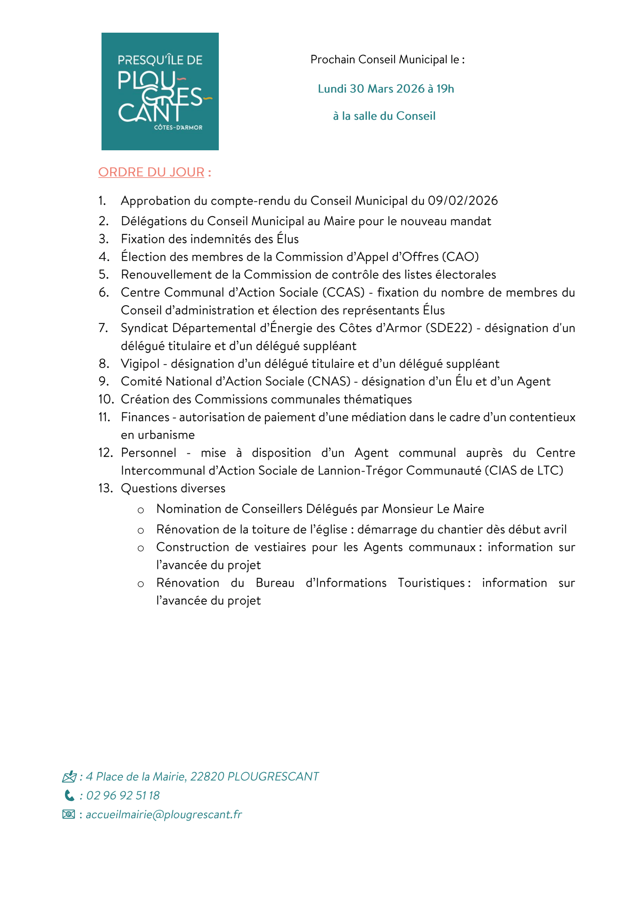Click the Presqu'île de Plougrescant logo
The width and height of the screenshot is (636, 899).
click(x=160, y=91)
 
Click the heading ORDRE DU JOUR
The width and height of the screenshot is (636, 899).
click(x=151, y=172)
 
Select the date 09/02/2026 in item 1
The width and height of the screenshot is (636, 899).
click(x=463, y=201)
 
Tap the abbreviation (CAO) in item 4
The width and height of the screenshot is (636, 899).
click(x=460, y=257)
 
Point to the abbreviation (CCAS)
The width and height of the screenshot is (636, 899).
click(x=343, y=292)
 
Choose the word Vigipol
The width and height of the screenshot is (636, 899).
click(x=140, y=364)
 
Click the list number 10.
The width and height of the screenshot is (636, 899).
click(x=106, y=399)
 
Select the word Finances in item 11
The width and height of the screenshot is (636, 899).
click(x=145, y=417)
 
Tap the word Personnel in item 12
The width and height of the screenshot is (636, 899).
click(x=148, y=453)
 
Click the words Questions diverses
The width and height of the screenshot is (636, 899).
click(x=173, y=489)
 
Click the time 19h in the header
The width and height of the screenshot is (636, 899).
click(x=445, y=89)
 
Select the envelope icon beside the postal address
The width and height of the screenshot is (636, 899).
click(x=69, y=776)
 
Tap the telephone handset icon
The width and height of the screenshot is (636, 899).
click(x=69, y=795)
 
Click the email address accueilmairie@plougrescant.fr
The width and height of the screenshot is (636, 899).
click(x=164, y=814)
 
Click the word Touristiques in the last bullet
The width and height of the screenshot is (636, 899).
click(x=431, y=583)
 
